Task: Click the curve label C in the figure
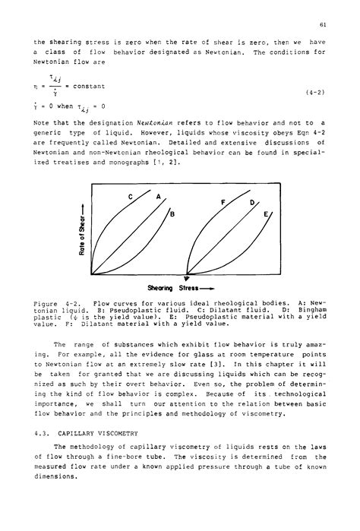(x=131, y=197)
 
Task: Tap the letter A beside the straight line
(x=159, y=197)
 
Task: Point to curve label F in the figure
(x=223, y=202)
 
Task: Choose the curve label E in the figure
(x=267, y=215)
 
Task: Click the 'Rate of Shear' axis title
(x=81, y=232)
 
